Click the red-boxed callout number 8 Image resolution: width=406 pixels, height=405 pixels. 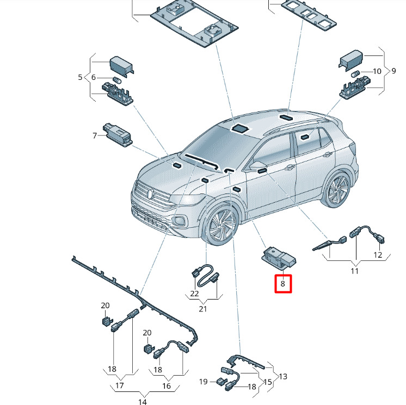point(283,284)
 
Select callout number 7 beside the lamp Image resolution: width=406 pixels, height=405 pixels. point(94,135)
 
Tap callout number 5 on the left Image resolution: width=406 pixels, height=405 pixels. point(81,78)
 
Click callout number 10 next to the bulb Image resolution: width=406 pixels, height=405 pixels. point(377,71)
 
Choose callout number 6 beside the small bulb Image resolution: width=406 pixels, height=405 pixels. point(93,78)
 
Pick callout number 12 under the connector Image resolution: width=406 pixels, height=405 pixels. point(378,255)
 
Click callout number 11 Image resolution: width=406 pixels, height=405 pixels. point(355,270)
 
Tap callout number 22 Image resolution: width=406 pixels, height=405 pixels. point(194,294)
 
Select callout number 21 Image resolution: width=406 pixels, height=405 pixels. point(203,309)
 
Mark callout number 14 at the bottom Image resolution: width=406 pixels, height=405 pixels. point(142,402)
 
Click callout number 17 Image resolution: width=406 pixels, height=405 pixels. point(120,386)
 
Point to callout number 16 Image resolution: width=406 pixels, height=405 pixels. point(167,386)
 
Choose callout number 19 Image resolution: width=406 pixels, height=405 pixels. point(203,382)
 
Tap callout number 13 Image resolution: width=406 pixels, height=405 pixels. point(283,376)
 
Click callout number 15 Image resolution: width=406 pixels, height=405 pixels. point(268,382)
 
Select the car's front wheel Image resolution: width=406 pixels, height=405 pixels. point(222,227)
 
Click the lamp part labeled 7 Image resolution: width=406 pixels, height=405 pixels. point(115,132)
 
